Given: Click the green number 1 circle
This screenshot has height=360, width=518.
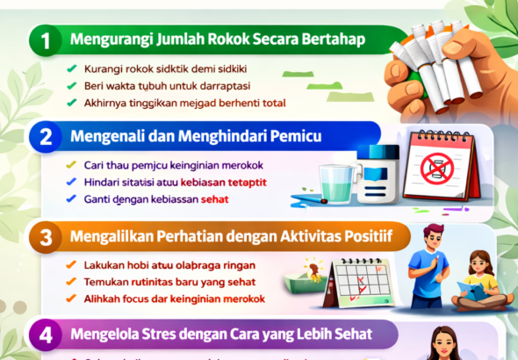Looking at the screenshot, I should pyautogui.click(x=45, y=40).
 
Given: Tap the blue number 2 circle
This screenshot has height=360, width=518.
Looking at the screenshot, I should pyautogui.click(x=45, y=137).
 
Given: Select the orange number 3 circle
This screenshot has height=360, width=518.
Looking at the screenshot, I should pyautogui.click(x=45, y=235).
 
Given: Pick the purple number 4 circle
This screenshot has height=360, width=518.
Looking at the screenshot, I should pyautogui.click(x=45, y=334).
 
